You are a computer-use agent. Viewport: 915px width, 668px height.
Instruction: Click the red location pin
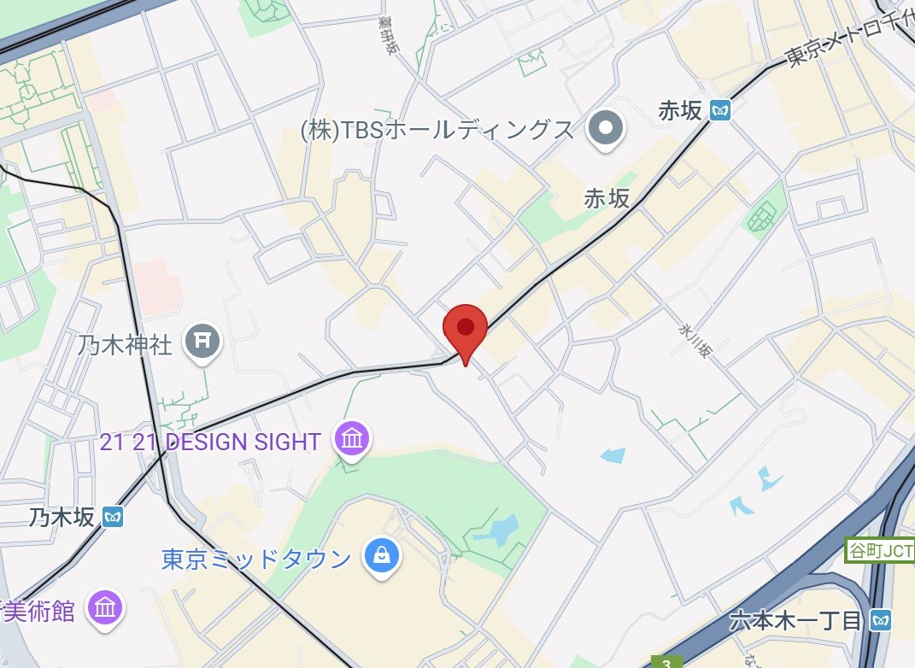[x=465, y=328]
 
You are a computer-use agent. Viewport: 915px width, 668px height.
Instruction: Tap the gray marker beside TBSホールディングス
[x=607, y=130]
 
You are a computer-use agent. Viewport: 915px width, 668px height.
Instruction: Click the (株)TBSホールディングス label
[x=437, y=130]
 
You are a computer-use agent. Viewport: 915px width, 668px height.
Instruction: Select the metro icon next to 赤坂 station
[x=722, y=110]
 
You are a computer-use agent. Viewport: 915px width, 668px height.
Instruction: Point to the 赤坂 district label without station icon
[x=607, y=198]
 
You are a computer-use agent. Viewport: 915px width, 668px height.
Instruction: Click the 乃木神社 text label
[x=126, y=345]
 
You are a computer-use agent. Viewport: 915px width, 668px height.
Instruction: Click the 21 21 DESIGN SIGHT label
[x=210, y=442]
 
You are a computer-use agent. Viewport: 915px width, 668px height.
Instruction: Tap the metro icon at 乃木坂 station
[x=113, y=517]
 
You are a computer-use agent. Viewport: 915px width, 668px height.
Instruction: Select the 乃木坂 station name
[x=63, y=517]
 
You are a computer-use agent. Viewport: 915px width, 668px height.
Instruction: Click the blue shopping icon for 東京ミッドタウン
[x=381, y=556]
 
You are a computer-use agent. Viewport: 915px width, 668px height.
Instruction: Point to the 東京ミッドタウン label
[x=256, y=560]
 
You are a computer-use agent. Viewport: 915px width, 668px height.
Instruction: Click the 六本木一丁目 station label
[x=795, y=621]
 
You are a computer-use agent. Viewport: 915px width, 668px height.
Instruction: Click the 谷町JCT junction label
[x=879, y=549]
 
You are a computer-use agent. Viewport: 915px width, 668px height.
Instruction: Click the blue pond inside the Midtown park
[x=496, y=530]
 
